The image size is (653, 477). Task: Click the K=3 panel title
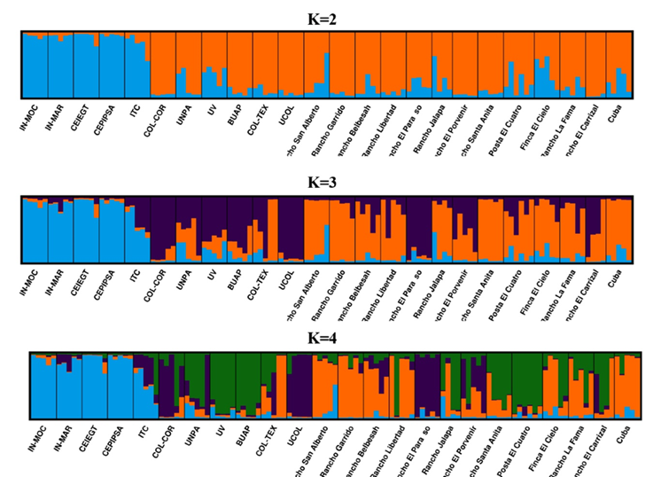[x=325, y=184]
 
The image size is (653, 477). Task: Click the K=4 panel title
[x=325, y=339]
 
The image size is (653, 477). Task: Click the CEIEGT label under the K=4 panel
[x=89, y=438]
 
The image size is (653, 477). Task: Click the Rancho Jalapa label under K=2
[x=425, y=127]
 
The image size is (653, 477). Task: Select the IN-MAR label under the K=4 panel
[x=64, y=436]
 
